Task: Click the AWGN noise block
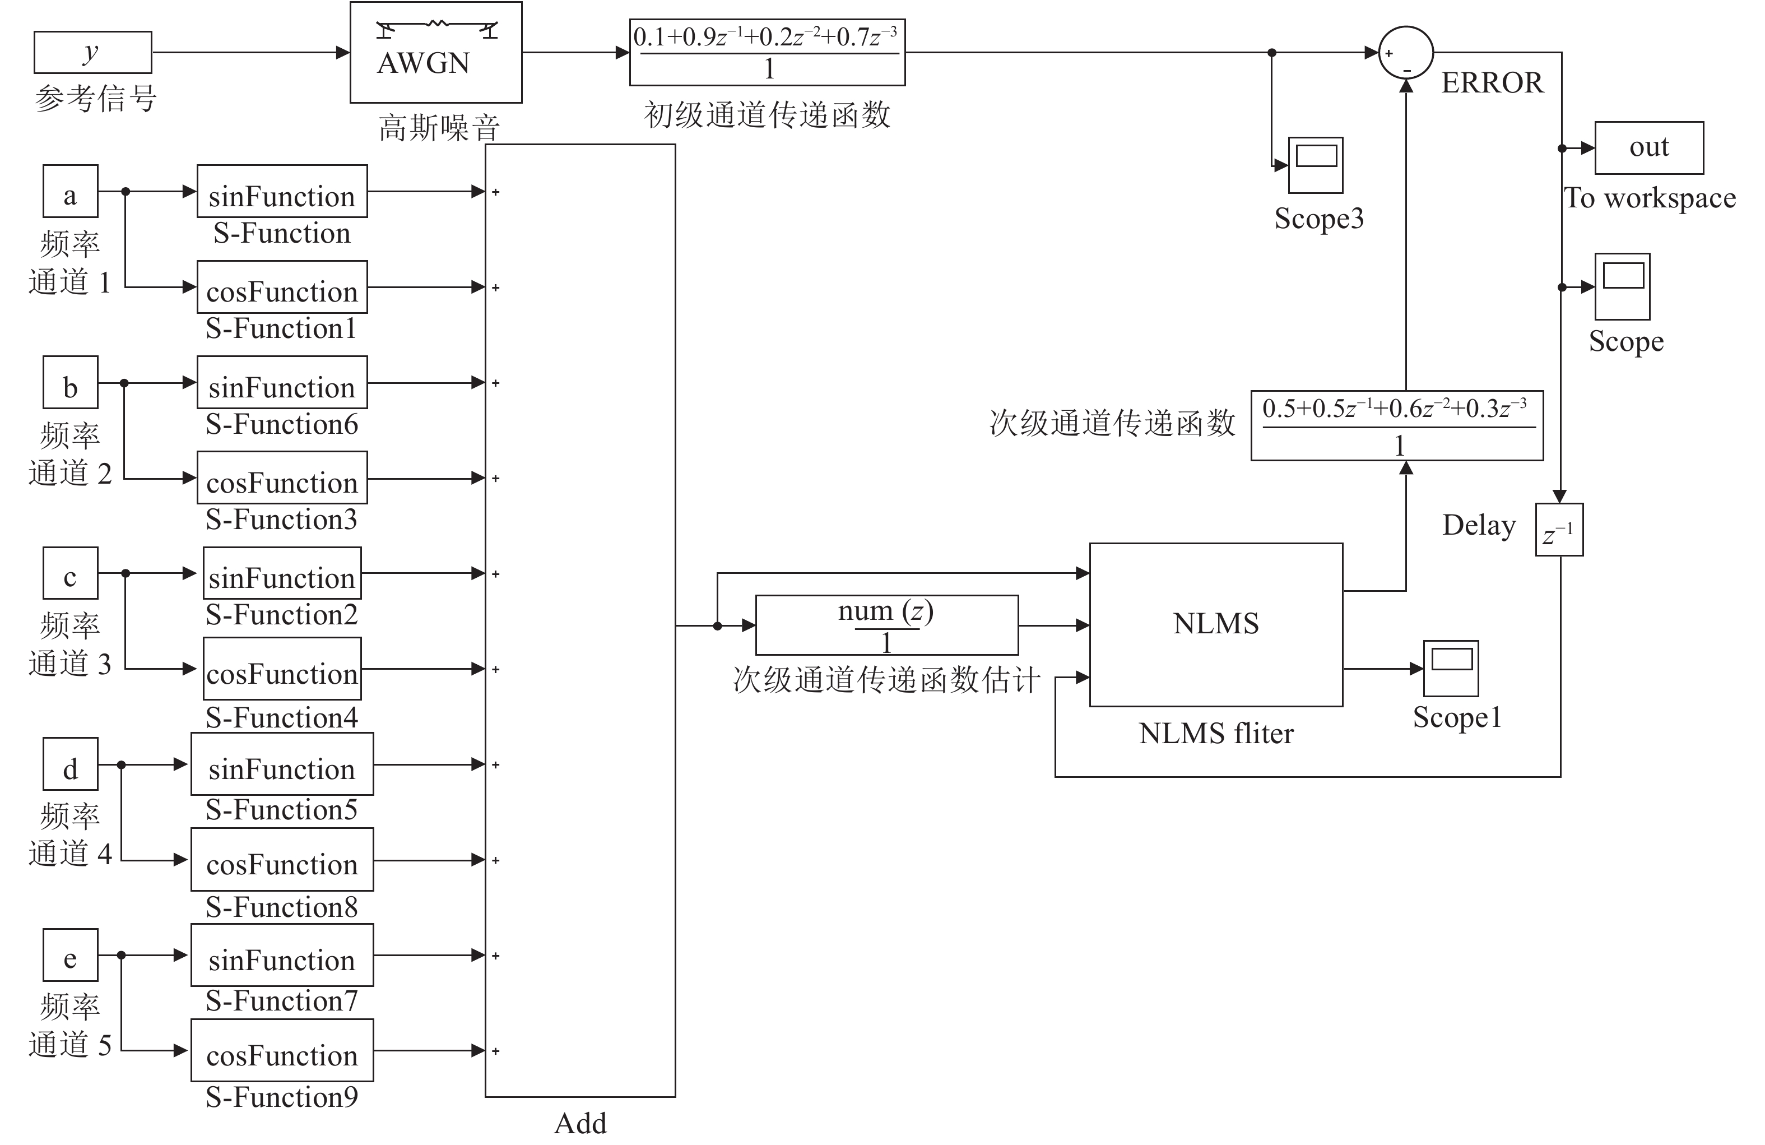[435, 52]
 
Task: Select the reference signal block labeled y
[92, 52]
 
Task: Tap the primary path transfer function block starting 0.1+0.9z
[767, 52]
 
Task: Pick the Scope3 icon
[1316, 165]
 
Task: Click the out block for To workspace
[1648, 147]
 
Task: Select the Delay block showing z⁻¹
[1559, 530]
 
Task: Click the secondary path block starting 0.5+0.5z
[1396, 426]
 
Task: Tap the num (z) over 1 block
[886, 625]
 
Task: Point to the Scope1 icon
[1451, 668]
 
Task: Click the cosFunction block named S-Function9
[282, 1050]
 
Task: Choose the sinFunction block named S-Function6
[282, 383]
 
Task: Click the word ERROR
[1492, 82]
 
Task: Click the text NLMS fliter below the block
[1215, 734]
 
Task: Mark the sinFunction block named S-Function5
[282, 764]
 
